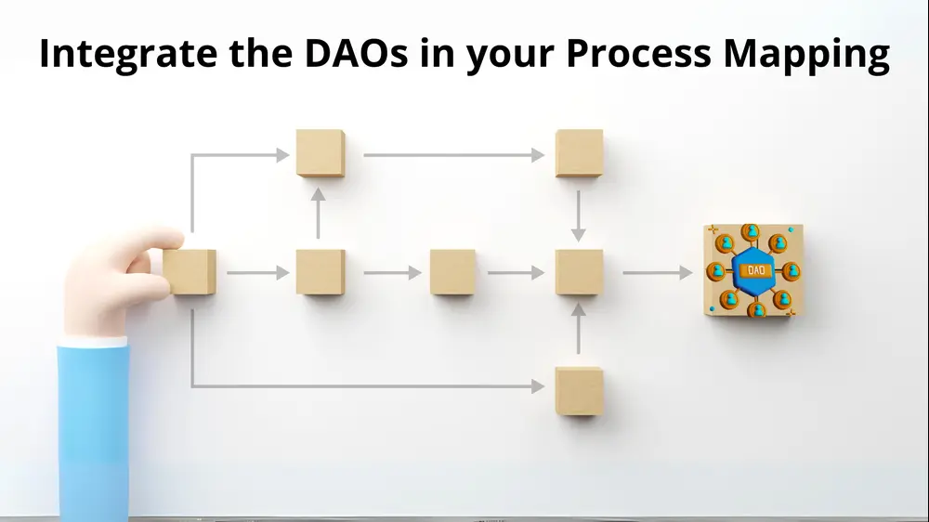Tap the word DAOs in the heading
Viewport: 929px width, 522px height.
(x=356, y=53)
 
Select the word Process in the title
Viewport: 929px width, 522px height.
(x=638, y=53)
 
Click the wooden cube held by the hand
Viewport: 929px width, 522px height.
(x=190, y=272)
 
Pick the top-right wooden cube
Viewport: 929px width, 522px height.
(x=579, y=153)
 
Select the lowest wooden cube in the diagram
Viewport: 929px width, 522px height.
(x=579, y=391)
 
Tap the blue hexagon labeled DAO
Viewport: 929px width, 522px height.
(x=753, y=271)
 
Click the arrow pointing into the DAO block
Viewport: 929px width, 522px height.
(x=657, y=272)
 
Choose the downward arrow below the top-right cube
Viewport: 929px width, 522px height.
(x=578, y=215)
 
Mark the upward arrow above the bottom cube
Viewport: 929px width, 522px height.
(x=578, y=328)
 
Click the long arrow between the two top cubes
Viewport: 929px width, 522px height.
(x=454, y=155)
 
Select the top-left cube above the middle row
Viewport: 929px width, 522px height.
(x=321, y=153)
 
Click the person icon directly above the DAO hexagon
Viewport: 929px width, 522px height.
(x=751, y=231)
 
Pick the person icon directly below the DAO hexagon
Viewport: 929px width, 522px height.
(x=756, y=308)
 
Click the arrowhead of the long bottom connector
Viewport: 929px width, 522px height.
(x=538, y=386)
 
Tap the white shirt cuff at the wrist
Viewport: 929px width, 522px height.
(x=94, y=342)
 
